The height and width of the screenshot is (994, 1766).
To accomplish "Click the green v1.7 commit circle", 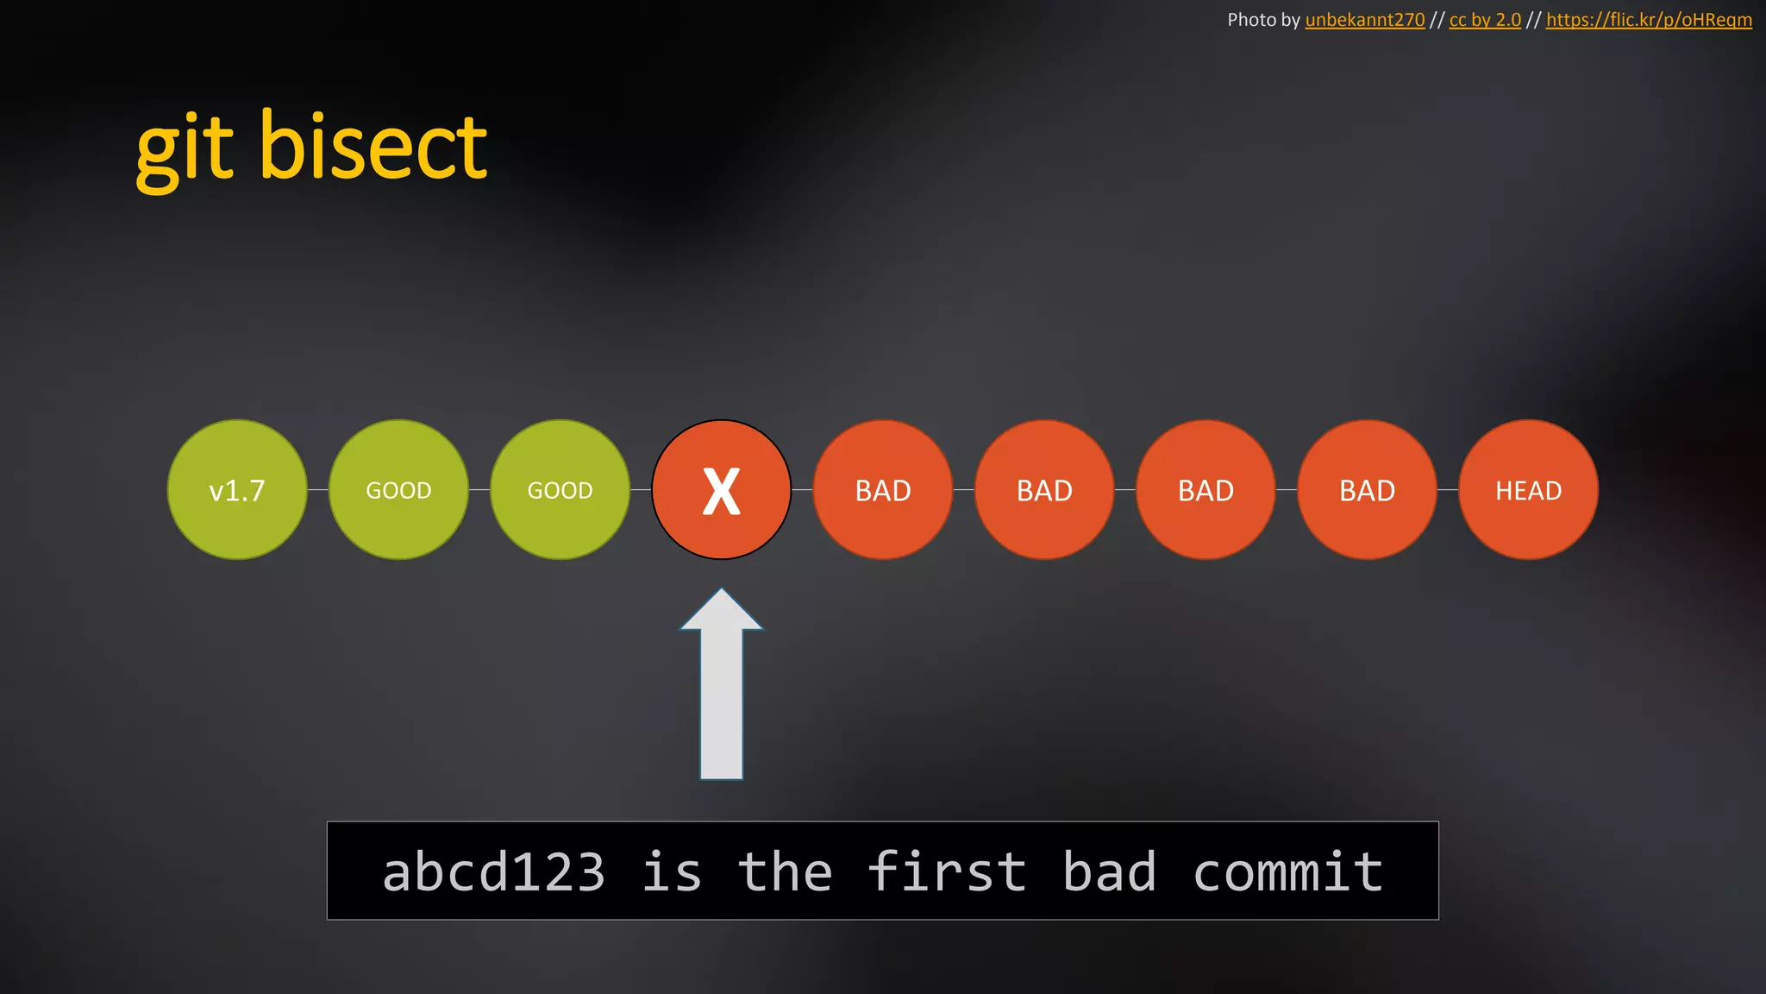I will pos(237,490).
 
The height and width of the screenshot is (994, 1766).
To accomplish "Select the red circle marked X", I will pos(721,490).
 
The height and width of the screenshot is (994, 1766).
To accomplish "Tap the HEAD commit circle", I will pos(1528,490).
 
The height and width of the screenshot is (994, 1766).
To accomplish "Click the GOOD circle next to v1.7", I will pos(398,490).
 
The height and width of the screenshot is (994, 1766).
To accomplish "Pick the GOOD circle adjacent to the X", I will pos(560,490).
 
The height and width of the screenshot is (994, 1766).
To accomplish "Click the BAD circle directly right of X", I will pos(883,490).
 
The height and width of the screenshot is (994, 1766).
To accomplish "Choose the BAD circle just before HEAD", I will pos(1367,490).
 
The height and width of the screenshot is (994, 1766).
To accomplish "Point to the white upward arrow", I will pos(722,690).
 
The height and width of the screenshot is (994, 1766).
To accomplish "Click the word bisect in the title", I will pos(373,148).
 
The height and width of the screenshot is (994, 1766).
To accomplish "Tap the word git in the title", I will pos(185,151).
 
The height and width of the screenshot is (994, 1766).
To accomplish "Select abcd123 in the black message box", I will pos(493,871).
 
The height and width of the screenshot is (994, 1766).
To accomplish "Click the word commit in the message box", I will pos(1287,871).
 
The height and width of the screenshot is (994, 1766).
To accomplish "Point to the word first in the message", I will pos(947,871).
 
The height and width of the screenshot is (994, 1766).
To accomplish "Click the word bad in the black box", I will pos(1109,871).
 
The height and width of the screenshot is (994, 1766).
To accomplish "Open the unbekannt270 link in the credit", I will pos(1364,20).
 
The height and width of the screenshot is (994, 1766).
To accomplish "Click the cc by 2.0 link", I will pos(1485,20).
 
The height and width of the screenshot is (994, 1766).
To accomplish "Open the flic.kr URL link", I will pos(1649,20).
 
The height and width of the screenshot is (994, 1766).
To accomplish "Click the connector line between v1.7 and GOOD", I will pos(318,490).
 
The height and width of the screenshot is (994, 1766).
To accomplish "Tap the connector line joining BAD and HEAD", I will pos(1448,490).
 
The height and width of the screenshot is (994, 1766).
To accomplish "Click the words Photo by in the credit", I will pos(1262,20).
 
